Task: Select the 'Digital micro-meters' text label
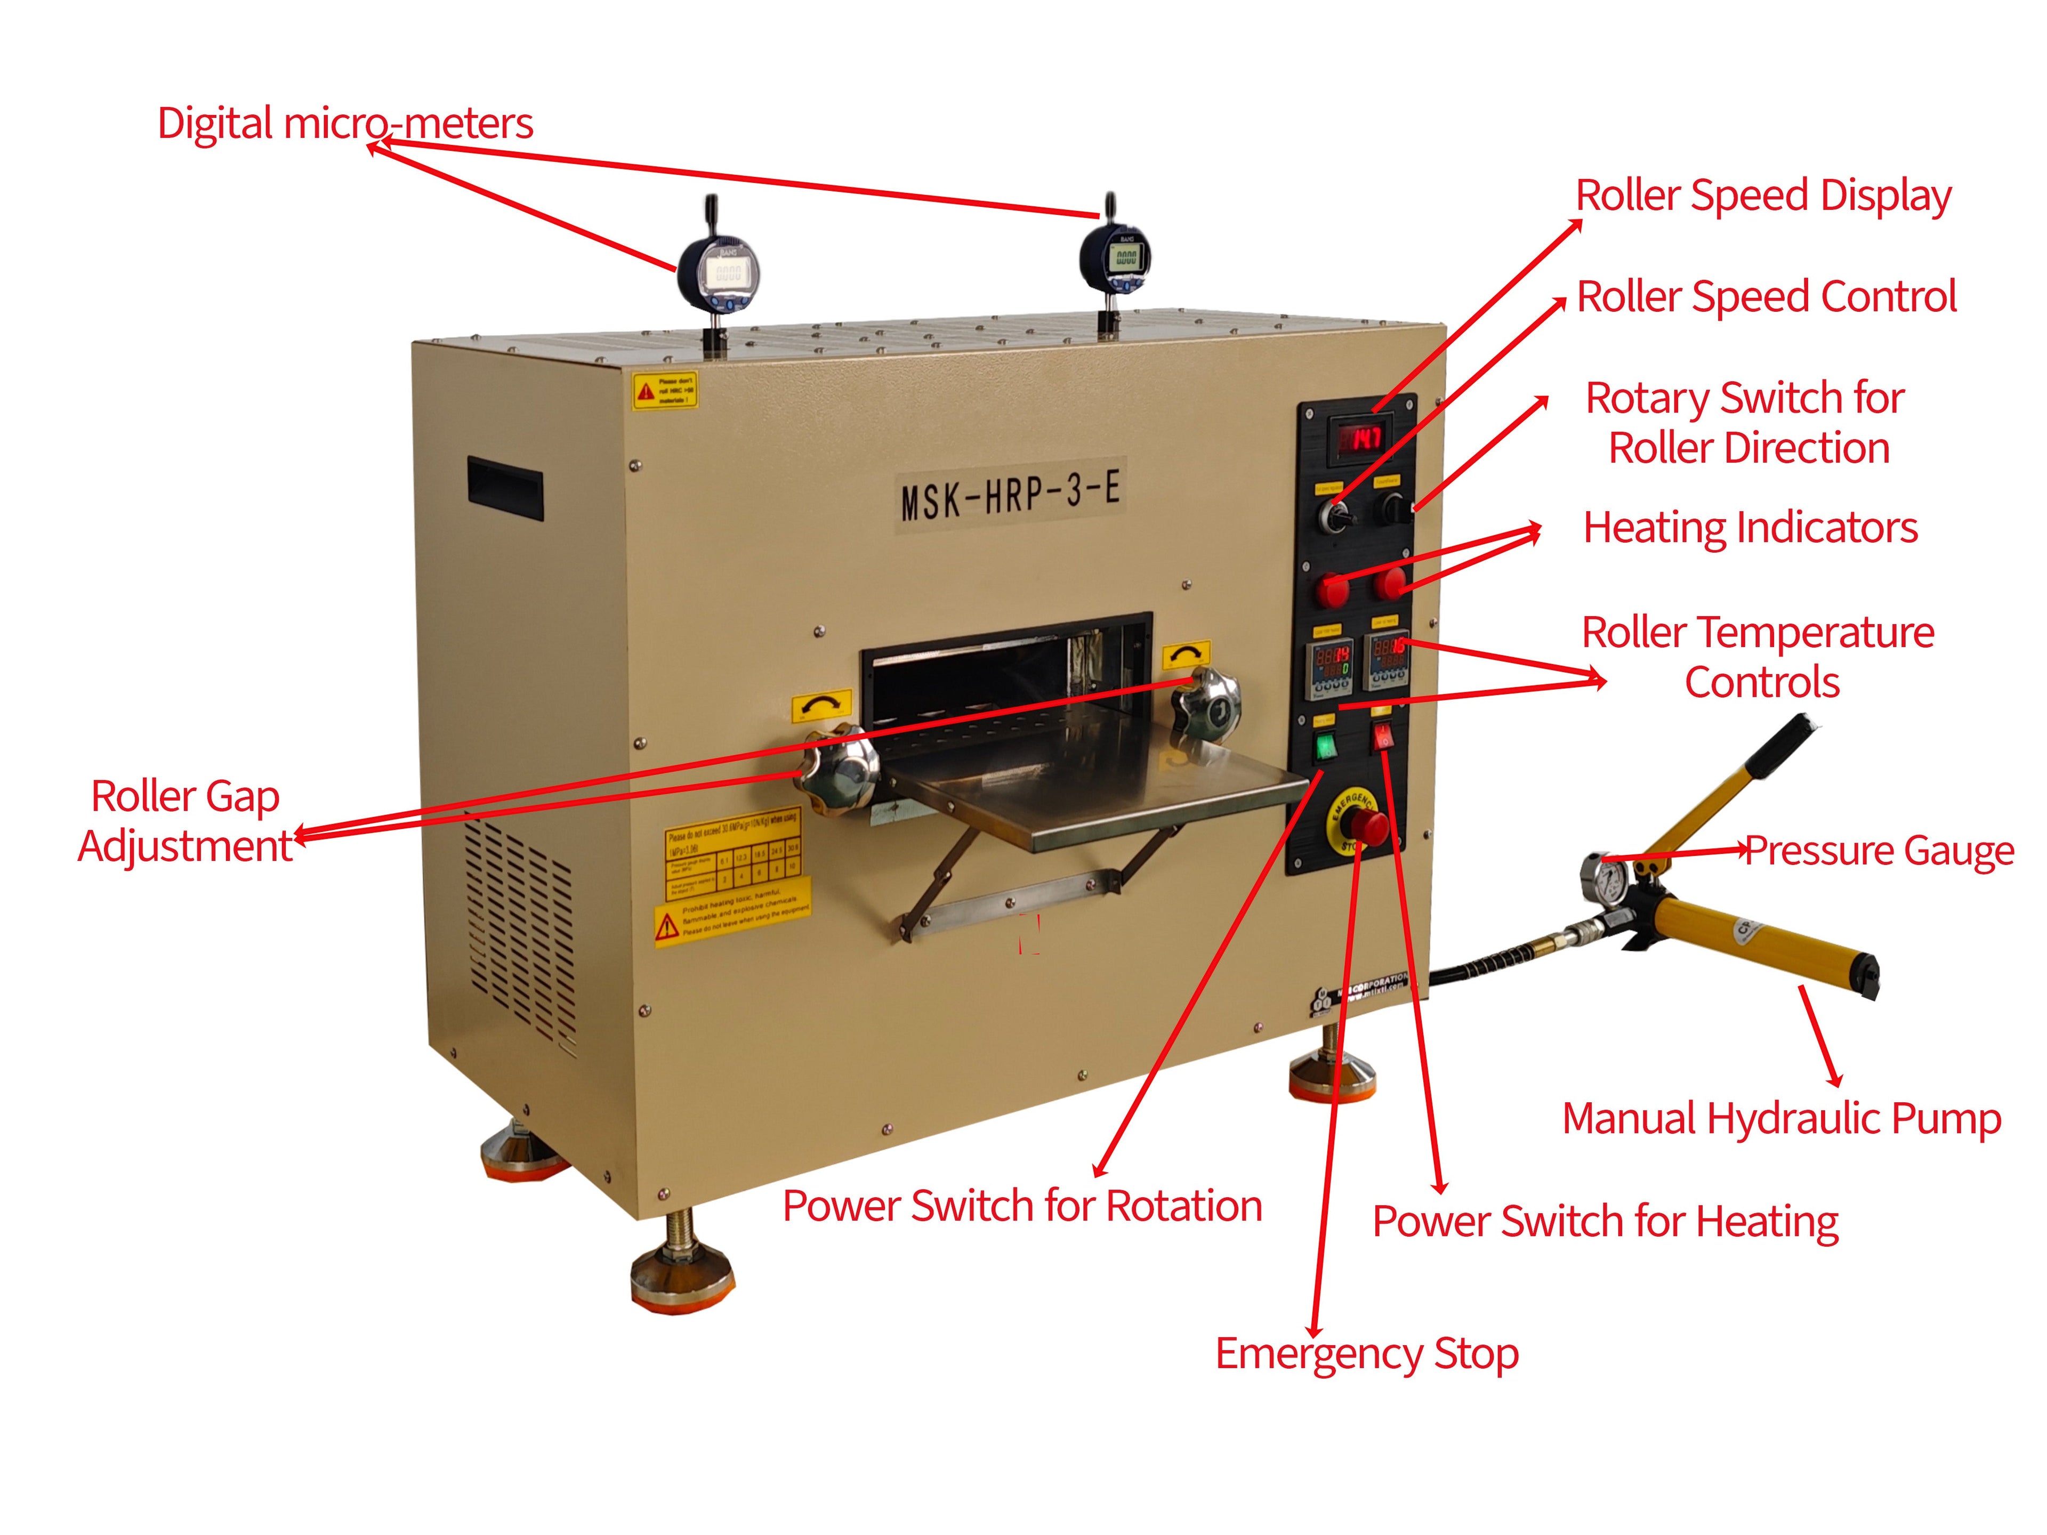click(x=345, y=123)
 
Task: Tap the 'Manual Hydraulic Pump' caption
click(x=1782, y=1119)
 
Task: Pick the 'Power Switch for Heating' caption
click(x=1605, y=1222)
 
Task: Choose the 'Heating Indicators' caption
click(x=1750, y=528)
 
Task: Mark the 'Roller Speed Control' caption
click(x=1766, y=297)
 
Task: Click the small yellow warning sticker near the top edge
click(x=664, y=391)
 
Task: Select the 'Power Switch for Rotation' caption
click(x=1022, y=1206)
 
